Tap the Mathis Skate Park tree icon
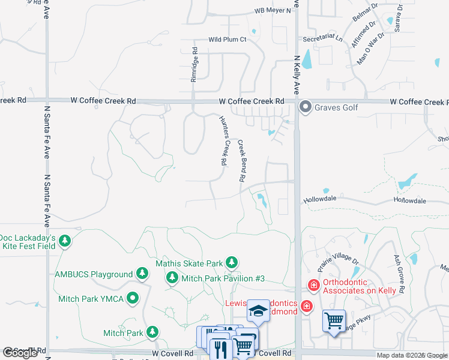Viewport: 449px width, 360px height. tap(232, 263)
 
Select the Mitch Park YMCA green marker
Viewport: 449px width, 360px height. tap(134, 298)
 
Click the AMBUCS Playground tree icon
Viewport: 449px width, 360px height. tap(142, 274)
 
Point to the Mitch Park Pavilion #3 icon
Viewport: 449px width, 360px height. tap(172, 278)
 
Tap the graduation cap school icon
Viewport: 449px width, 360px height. tap(259, 311)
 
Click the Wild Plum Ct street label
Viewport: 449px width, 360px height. tap(228, 40)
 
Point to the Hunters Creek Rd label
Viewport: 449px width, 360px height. tap(222, 140)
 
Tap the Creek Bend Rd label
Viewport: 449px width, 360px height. tap(242, 160)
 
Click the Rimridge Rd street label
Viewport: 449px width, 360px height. tap(194, 65)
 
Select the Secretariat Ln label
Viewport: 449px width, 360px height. tap(322, 38)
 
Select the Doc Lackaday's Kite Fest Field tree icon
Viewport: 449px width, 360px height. tap(65, 242)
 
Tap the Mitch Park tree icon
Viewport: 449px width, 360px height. tap(152, 332)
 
